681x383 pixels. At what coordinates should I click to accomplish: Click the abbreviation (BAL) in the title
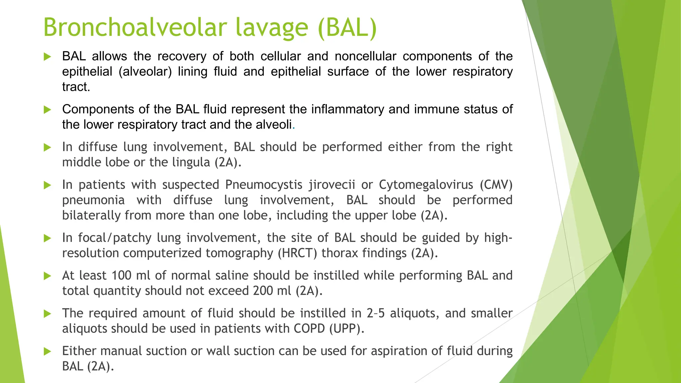coord(347,27)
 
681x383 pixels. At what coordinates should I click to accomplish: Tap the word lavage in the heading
coord(272,27)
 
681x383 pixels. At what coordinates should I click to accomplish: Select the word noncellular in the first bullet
coord(365,56)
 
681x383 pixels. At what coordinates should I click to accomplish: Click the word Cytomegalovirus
coord(426,185)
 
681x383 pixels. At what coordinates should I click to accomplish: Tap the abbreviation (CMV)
coord(496,185)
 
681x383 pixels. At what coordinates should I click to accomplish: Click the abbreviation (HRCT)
coord(297,253)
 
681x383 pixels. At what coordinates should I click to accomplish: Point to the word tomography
coord(239,253)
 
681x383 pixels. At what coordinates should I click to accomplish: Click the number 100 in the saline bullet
coord(122,276)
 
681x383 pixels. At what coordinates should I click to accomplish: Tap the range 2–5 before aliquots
coord(375,314)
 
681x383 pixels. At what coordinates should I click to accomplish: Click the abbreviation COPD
coord(309,329)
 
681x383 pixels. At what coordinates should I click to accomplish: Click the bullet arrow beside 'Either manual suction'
coord(47,351)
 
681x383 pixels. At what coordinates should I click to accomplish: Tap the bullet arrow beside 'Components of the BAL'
coord(47,110)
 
